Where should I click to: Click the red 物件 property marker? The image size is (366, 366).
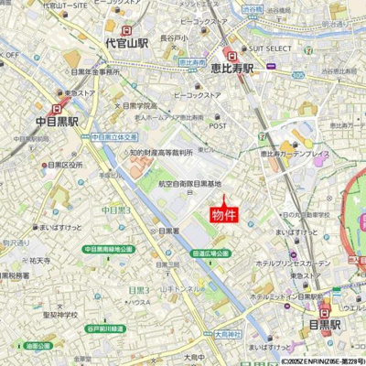click(224, 215)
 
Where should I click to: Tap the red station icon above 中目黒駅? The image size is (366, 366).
click(59, 107)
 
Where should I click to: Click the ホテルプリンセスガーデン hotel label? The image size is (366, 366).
click(294, 263)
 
